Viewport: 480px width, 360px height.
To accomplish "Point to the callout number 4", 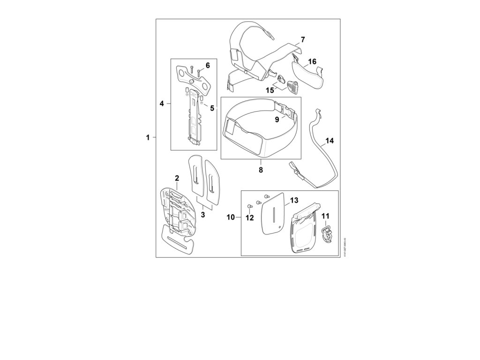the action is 162,104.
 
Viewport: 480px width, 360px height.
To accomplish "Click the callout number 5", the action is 212,108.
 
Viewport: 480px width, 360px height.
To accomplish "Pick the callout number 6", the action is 208,65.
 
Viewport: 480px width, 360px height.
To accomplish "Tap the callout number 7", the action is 303,40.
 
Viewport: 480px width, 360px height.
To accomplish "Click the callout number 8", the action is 261,170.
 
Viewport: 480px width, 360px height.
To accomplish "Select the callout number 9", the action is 277,120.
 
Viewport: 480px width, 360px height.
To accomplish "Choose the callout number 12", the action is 250,217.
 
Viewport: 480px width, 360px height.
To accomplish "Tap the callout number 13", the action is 293,200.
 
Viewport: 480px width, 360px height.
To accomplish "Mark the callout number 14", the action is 330,140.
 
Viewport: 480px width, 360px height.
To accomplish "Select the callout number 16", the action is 312,61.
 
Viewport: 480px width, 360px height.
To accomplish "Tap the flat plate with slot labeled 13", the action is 273,215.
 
